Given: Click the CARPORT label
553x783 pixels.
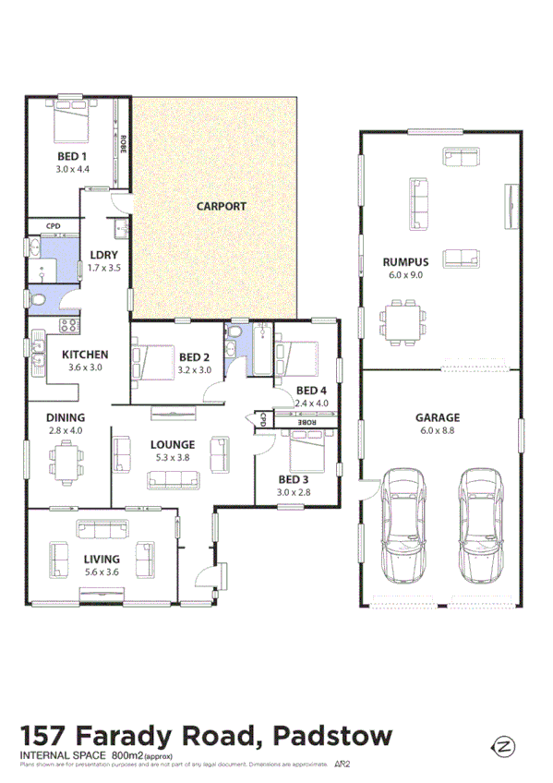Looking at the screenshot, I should point(222,206).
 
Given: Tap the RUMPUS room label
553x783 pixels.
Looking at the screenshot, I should point(406,262).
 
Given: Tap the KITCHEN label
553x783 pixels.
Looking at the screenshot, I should point(85,355).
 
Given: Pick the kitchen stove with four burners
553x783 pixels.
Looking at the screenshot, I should point(67,324).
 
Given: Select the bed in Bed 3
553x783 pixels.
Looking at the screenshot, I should point(306,452).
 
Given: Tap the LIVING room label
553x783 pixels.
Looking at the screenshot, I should point(102,558).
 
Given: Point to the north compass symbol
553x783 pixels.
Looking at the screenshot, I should point(504,745).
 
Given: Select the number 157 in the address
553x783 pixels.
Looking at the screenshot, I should point(47,738).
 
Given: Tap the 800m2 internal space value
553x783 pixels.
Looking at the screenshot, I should point(126,756).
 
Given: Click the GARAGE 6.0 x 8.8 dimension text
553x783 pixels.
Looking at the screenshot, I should point(438,430).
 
